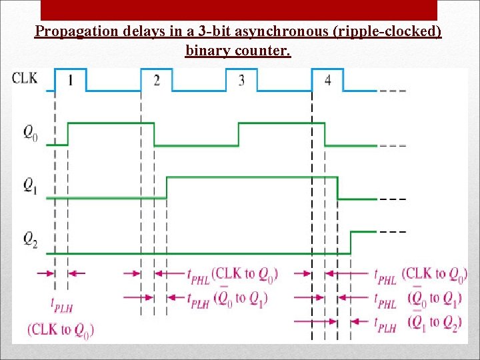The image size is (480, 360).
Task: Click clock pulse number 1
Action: [x=71, y=81]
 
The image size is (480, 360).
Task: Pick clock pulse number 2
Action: [x=157, y=81]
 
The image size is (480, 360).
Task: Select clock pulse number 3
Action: [x=241, y=81]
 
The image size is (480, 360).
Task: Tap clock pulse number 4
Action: [x=327, y=81]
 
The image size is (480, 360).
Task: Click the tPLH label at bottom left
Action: [x=62, y=304]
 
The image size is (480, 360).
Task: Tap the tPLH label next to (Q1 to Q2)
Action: [x=385, y=325]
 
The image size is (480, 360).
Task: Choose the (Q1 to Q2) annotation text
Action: [x=434, y=323]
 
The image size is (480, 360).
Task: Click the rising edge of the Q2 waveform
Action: [x=351, y=242]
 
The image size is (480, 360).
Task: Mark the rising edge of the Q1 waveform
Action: [x=167, y=187]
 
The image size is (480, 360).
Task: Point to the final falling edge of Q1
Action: [x=338, y=187]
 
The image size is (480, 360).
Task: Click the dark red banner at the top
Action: [x=239, y=9]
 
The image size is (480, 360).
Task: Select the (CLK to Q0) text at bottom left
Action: [x=61, y=329]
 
